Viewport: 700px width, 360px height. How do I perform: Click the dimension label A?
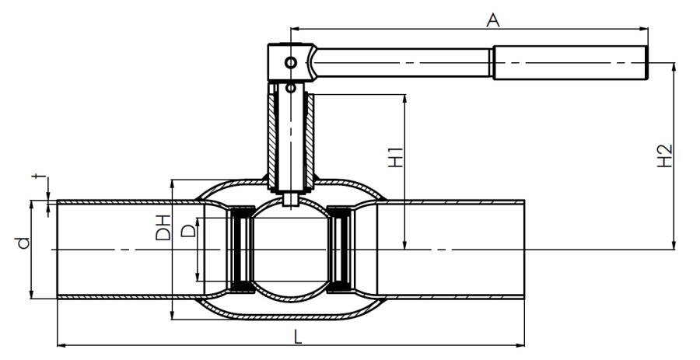492,20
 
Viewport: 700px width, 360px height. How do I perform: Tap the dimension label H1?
395,158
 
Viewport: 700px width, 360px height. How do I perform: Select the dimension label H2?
665,156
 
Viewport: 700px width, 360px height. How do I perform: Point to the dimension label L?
298,337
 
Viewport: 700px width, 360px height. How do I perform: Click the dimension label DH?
163,228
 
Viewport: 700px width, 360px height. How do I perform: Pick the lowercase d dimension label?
23,243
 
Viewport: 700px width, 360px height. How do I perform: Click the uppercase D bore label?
190,231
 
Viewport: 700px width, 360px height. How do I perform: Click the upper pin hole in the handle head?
291,62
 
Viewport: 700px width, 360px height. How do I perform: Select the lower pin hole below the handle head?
291,88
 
